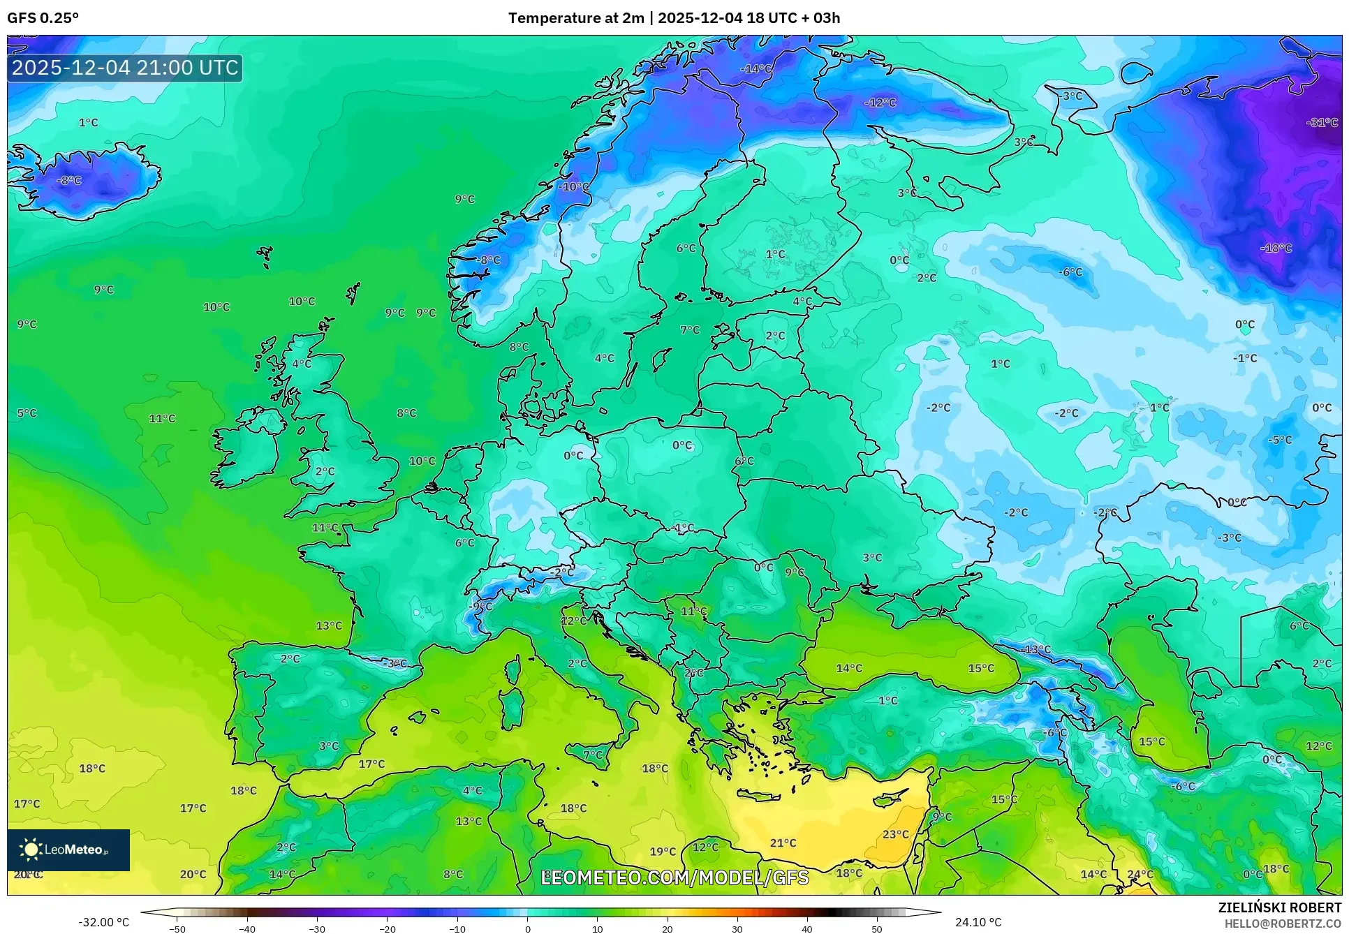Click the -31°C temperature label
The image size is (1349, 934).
(x=1322, y=122)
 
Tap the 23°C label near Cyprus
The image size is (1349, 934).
(x=896, y=834)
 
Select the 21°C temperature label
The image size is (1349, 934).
(x=783, y=843)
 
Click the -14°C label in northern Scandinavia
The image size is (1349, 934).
(x=757, y=68)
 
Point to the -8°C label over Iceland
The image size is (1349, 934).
(x=68, y=180)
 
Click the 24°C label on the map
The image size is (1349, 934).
(x=1140, y=874)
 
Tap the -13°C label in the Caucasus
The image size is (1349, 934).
(x=1035, y=649)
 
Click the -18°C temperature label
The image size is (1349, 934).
(x=1276, y=248)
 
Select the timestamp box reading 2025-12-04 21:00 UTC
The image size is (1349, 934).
(x=125, y=68)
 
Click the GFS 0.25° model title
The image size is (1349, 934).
(x=43, y=18)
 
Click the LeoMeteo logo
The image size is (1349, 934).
(x=68, y=850)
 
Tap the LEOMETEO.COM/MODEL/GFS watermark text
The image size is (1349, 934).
(x=674, y=877)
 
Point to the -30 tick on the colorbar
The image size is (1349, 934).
(x=317, y=929)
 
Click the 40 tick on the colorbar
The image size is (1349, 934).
(x=806, y=929)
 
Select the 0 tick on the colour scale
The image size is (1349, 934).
(x=527, y=929)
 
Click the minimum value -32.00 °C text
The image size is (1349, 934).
(x=103, y=922)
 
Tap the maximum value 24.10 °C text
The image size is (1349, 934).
(x=978, y=922)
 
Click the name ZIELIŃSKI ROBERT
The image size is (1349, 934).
(x=1279, y=907)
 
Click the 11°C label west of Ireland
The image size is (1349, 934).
(x=162, y=418)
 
